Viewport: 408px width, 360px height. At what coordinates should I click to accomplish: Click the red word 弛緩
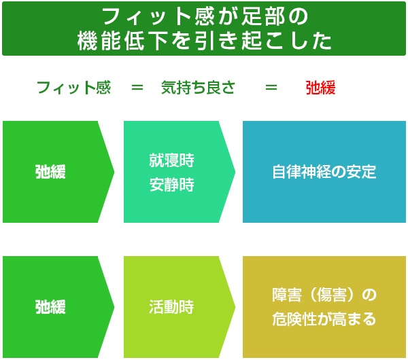320,88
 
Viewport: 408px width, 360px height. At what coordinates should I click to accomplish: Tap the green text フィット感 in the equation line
74,88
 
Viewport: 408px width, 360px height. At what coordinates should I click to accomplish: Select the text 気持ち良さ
199,88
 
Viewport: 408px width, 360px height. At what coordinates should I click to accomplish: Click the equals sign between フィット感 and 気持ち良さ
137,88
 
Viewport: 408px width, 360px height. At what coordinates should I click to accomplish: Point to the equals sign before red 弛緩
271,88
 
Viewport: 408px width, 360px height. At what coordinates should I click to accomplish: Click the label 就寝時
172,160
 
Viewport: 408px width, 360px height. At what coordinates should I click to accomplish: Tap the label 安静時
172,185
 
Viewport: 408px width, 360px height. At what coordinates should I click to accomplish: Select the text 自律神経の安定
324,172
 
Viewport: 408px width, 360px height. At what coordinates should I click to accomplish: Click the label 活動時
172,307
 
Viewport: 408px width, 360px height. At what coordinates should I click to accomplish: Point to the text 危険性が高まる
324,319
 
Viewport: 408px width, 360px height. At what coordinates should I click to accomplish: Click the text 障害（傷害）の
324,295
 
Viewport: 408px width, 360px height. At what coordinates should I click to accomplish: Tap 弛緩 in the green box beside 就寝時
50,172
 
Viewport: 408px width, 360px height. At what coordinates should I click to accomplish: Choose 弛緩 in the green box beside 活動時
50,307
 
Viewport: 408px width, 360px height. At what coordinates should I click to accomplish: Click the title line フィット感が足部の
204,16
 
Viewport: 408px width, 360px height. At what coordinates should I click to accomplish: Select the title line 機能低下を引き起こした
204,41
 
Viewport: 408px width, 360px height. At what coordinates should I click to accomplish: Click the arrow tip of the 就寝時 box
235,172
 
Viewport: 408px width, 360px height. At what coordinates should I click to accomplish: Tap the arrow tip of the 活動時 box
235,307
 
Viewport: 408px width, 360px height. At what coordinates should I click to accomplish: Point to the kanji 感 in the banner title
204,16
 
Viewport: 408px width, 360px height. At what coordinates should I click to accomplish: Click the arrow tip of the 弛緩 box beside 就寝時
114,172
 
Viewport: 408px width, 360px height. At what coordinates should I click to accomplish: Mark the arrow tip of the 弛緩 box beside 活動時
114,307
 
